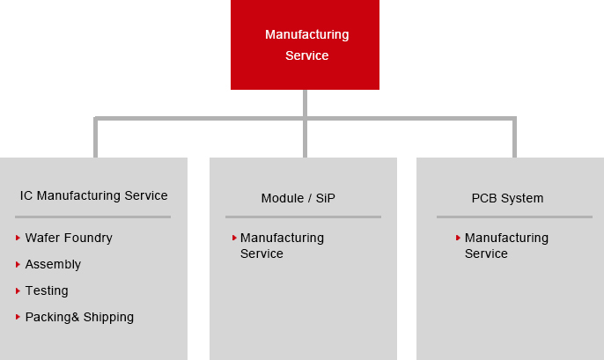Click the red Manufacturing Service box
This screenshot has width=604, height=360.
[305, 45]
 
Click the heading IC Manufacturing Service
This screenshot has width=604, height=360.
[93, 195]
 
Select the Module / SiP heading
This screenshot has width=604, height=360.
[298, 198]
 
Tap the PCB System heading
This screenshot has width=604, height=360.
[507, 198]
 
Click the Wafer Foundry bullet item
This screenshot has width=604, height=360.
[69, 238]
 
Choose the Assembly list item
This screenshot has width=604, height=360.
[53, 264]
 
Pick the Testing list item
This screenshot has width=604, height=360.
[47, 290]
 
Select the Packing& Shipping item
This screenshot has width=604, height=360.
[79, 317]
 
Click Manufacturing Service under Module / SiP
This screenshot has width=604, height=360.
[282, 246]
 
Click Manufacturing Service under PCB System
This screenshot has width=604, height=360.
[506, 246]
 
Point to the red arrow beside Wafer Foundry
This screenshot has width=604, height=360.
[18, 238]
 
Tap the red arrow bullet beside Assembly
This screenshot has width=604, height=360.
[18, 264]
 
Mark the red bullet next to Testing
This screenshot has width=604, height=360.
[18, 290]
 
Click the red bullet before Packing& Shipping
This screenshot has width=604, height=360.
[18, 317]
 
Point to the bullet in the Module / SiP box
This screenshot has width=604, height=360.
[234, 238]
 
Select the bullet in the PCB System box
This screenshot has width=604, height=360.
[459, 238]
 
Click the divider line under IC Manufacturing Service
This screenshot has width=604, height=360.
[92, 217]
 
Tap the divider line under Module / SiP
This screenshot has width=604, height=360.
[303, 217]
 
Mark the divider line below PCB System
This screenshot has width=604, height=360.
[514, 217]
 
